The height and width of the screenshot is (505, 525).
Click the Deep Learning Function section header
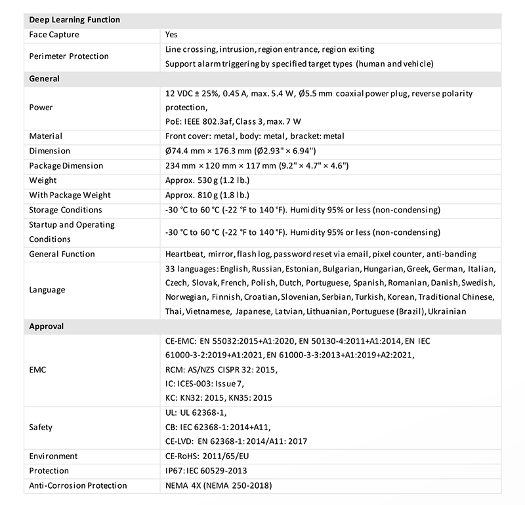[75, 20]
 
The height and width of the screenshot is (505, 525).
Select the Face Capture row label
[52, 34]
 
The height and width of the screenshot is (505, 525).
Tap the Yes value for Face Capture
[171, 34]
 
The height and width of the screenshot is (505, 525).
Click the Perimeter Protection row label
[69, 56]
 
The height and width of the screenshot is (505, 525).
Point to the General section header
[45, 79]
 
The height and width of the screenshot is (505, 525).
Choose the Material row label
[46, 136]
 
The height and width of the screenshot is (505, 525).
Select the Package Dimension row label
[66, 166]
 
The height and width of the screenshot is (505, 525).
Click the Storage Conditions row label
[66, 210]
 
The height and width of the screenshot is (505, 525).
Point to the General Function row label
[62, 254]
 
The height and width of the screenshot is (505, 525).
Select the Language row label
[48, 289]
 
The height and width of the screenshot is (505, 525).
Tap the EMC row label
[37, 370]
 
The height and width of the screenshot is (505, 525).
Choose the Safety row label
[41, 427]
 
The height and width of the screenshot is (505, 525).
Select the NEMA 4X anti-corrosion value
[219, 485]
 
